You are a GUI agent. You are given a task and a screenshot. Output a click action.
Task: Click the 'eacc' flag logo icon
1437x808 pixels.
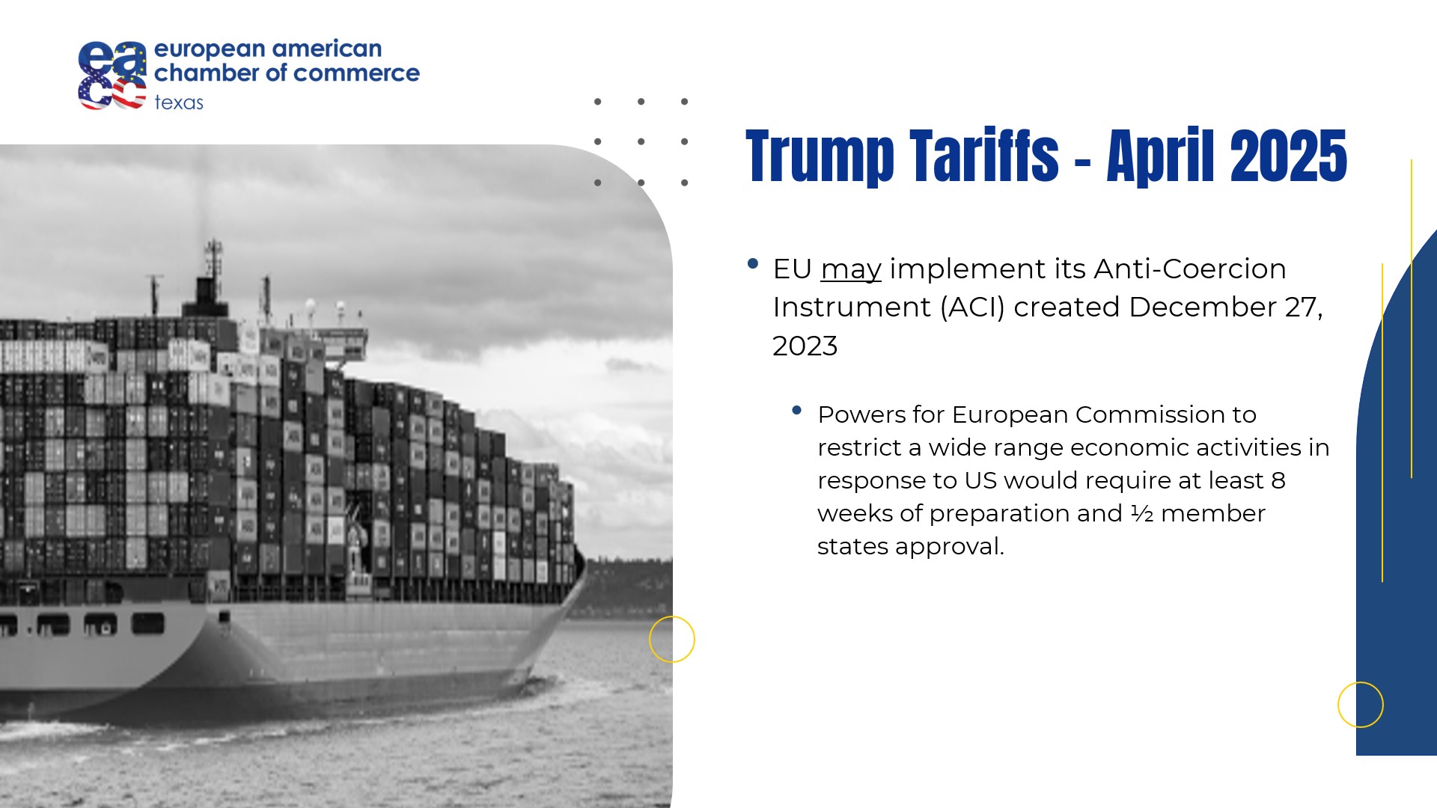pyautogui.click(x=112, y=76)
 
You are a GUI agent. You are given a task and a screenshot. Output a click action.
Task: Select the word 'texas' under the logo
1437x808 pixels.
pyautogui.click(x=179, y=102)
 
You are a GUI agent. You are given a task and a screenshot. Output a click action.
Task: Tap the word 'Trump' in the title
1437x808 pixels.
pyautogui.click(x=820, y=156)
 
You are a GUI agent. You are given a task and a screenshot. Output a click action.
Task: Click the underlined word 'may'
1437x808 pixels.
pyautogui.click(x=851, y=269)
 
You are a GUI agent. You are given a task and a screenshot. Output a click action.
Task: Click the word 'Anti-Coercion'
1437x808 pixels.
pyautogui.click(x=1190, y=269)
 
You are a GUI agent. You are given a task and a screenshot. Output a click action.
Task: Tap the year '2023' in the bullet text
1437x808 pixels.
pyautogui.click(x=805, y=346)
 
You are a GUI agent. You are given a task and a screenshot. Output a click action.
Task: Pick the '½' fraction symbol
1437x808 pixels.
pyautogui.click(x=1141, y=513)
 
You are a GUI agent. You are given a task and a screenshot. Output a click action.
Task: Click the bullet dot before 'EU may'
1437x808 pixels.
pyautogui.click(x=753, y=263)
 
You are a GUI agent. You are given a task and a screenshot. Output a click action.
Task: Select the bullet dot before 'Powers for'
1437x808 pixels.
pyautogui.click(x=796, y=410)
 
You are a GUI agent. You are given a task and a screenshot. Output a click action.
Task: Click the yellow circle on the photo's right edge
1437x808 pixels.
pyautogui.click(x=672, y=616)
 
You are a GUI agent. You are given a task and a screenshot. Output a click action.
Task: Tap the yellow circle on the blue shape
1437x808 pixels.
pyautogui.click(x=1361, y=682)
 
